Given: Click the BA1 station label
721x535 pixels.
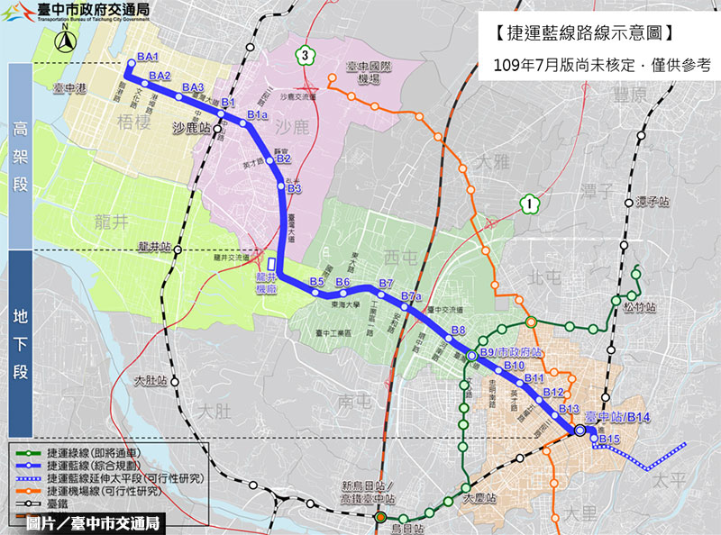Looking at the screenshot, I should coord(148,58).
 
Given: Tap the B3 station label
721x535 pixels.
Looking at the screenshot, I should coord(294,188).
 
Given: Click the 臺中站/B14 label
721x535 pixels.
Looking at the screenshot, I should coord(618,417).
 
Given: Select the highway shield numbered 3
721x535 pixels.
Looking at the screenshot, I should coord(306,56).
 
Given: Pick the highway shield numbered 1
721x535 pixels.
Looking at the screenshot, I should coord(529,205).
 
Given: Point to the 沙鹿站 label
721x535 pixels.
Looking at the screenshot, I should coord(191,129).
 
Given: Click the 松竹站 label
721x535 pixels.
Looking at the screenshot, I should coord(641,307).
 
